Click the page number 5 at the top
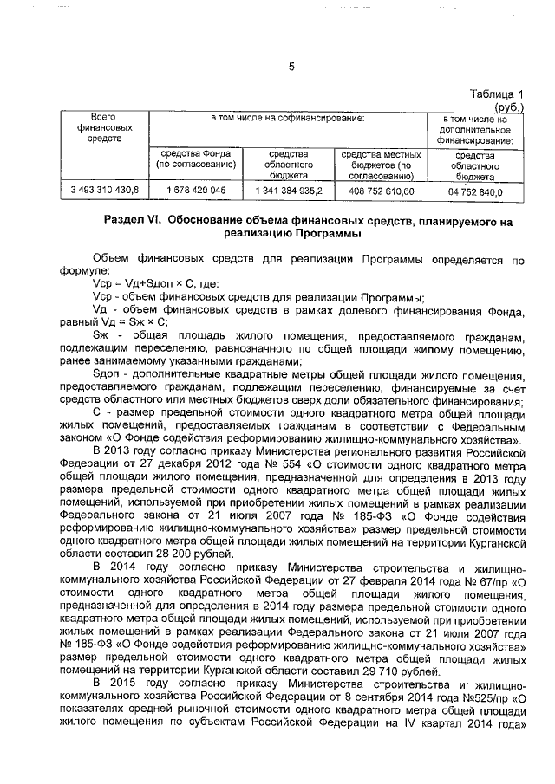tap(291, 67)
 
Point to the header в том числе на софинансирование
tap(289, 117)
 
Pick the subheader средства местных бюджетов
tap(382, 158)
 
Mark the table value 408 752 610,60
tap(382, 189)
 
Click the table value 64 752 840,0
tap(473, 189)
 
